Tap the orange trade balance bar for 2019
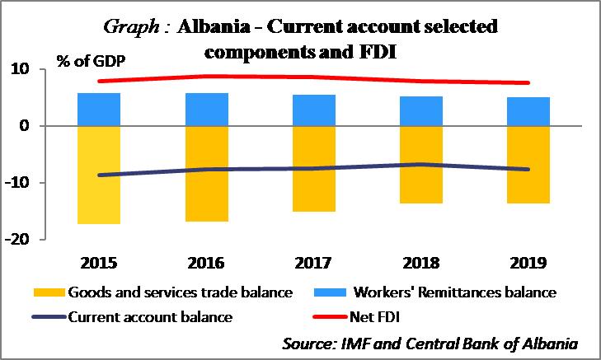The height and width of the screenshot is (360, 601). click(x=528, y=164)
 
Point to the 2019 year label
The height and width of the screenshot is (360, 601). click(x=529, y=264)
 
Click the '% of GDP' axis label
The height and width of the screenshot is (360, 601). click(x=92, y=60)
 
